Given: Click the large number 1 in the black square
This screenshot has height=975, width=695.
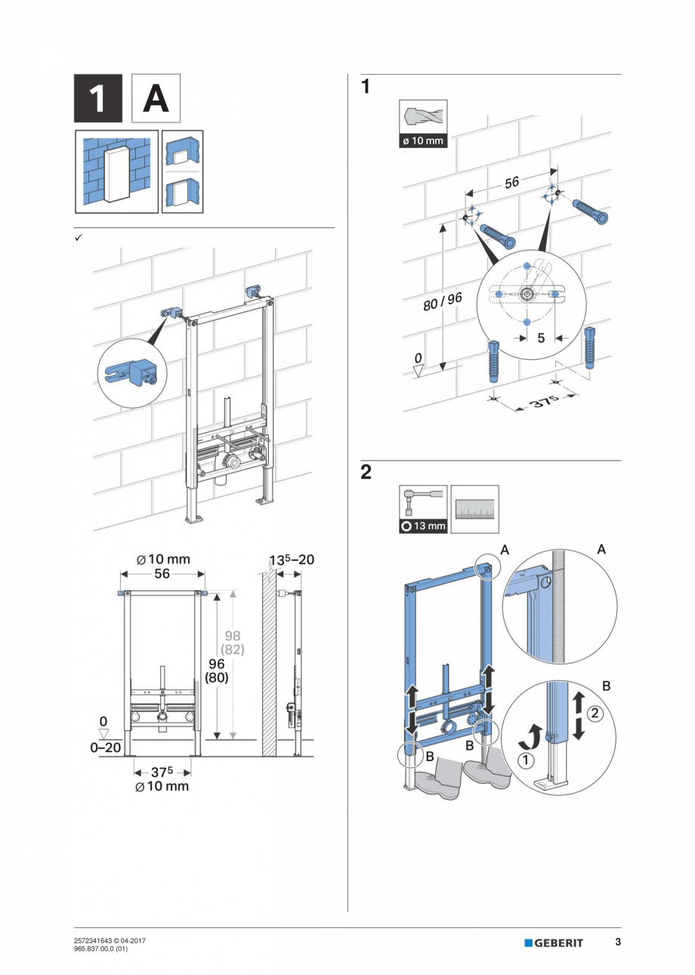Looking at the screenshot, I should [97, 98].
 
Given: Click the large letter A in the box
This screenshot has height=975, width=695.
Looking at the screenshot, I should [156, 98].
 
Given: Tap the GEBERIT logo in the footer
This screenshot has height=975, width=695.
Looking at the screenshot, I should [554, 942].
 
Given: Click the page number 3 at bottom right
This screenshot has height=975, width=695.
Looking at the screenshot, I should [617, 942].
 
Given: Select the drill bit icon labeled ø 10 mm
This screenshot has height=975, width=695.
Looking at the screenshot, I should [422, 119].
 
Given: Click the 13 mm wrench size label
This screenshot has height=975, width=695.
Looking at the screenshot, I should [423, 526].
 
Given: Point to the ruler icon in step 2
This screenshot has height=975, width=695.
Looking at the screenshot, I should [474, 509].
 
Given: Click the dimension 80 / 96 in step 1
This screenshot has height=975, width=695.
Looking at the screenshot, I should [442, 301].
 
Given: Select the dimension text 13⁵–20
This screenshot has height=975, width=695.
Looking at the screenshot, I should [292, 560].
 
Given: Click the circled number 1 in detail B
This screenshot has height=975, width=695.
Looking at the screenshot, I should [524, 760].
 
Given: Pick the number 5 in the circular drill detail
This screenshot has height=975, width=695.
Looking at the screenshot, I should [541, 338].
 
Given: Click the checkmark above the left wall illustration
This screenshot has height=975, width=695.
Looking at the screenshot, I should [78, 237].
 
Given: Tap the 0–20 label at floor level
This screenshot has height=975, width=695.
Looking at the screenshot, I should [104, 747].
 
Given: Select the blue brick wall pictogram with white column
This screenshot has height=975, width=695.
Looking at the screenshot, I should [116, 172].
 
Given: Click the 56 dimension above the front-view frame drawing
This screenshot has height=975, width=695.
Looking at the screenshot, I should [162, 574].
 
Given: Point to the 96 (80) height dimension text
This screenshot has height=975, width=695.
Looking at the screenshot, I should [218, 670].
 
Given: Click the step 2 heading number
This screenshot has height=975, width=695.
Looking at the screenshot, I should [366, 472].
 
